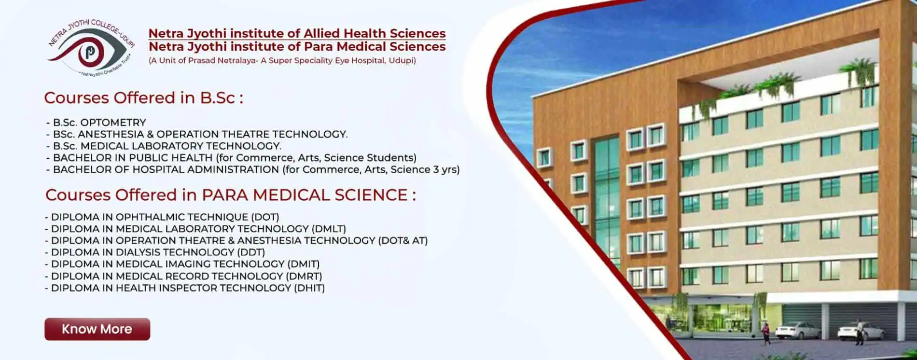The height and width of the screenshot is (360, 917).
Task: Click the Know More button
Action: pos(97,329)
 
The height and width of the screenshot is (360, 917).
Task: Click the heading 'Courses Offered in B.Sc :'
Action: pos(143,97)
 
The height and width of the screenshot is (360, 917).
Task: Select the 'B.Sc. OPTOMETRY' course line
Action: pos(96,123)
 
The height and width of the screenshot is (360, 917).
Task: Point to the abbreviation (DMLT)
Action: pos(329,229)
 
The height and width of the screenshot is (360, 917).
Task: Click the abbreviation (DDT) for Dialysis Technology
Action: pos(250,252)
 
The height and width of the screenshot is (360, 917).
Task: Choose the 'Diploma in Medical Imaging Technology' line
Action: pos(182,264)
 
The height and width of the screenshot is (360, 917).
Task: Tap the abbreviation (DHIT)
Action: pos(309,288)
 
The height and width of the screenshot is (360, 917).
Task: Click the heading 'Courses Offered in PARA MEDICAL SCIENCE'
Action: pos(230,195)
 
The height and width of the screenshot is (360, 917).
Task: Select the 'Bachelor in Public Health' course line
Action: pos(231,158)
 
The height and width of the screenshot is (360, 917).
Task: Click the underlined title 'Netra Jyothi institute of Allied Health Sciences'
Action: pos(297,33)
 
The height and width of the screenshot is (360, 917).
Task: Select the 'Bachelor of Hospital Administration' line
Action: pos(253,169)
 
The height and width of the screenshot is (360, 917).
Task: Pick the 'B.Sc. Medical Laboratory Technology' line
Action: pos(164,146)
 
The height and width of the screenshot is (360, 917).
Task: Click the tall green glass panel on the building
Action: pos(607,203)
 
